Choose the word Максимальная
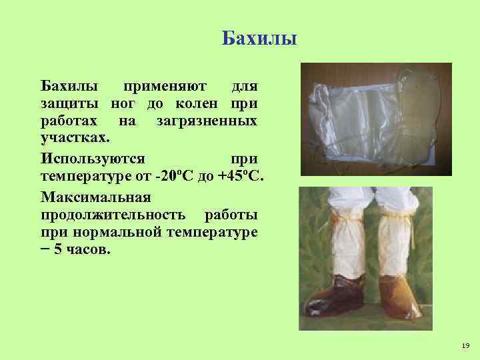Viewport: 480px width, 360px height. pyautogui.click(x=96, y=198)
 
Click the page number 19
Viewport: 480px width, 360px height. pyautogui.click(x=465, y=345)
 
